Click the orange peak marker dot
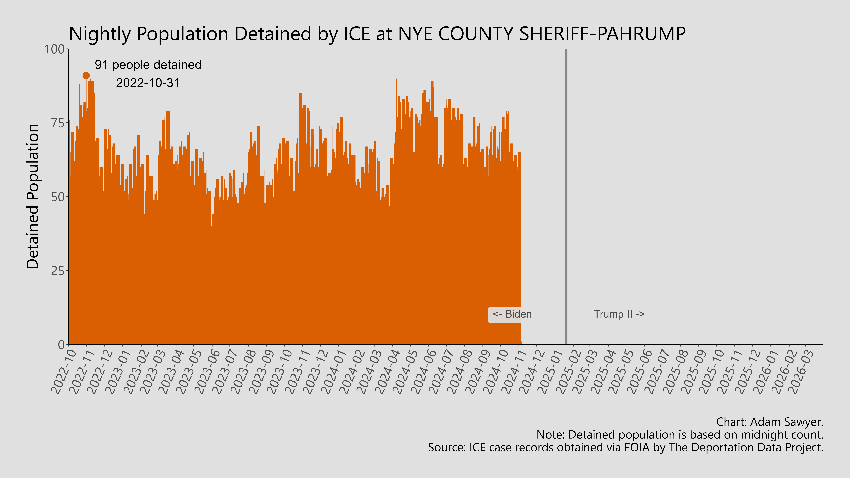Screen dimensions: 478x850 pos(86,76)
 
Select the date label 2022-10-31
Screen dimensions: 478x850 pos(148,83)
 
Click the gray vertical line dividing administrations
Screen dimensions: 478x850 pos(566,198)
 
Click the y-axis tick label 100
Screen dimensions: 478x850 pos(54,49)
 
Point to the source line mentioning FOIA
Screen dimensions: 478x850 pos(625,448)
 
